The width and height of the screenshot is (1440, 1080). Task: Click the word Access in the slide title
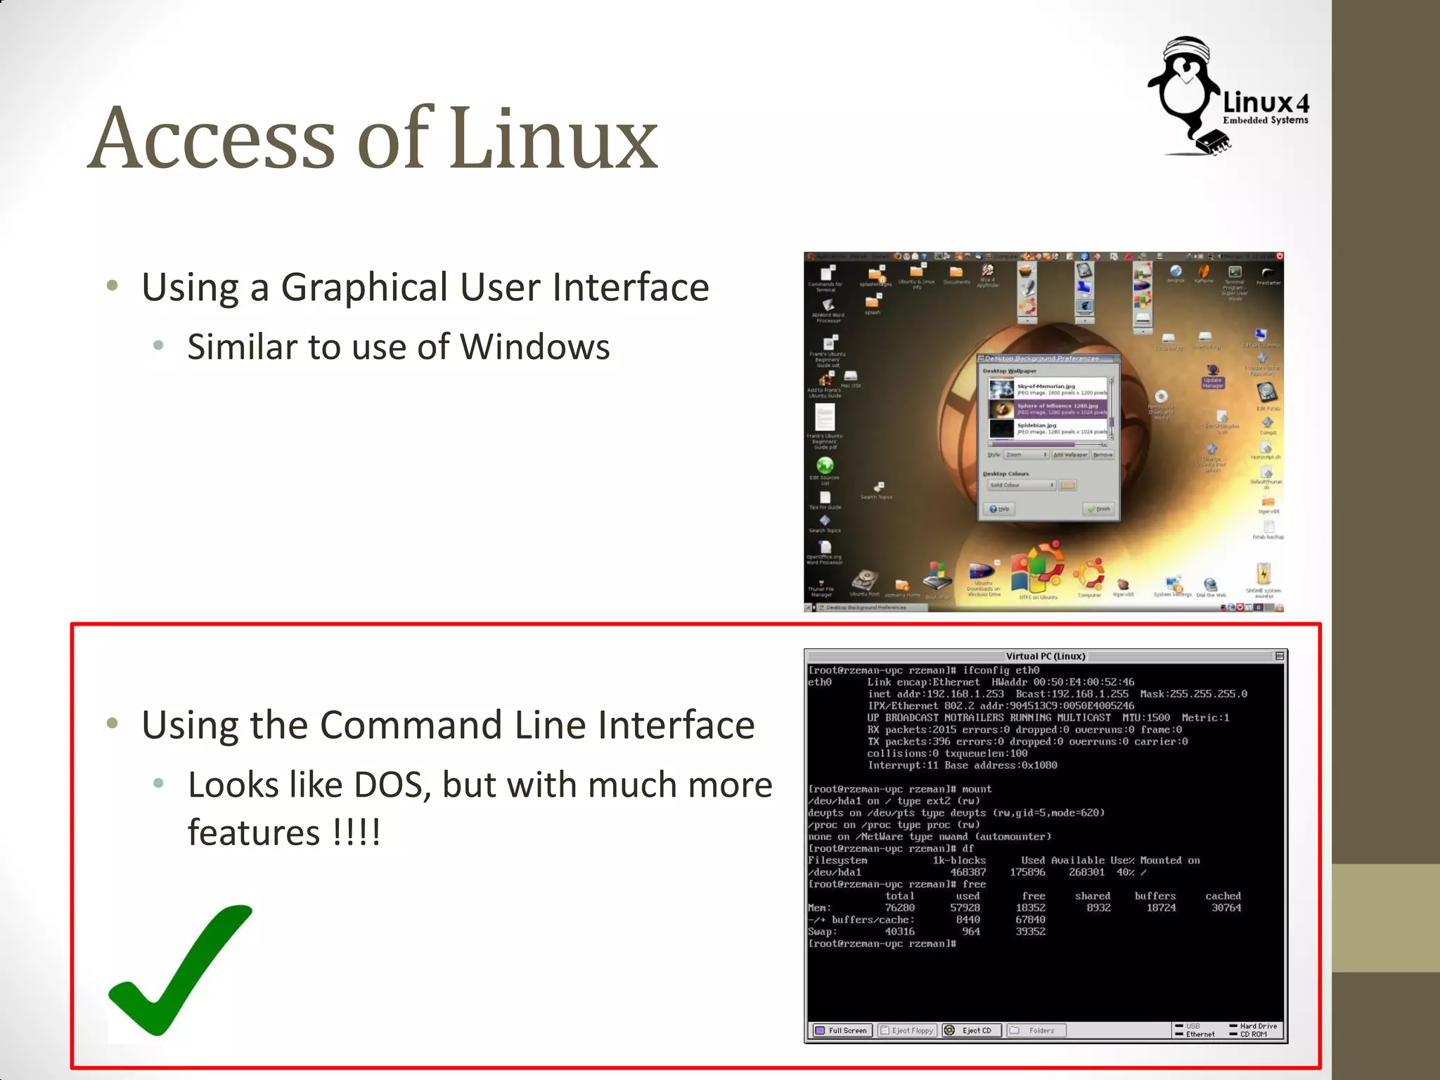click(x=212, y=139)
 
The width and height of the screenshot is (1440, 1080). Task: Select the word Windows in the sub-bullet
click(x=534, y=347)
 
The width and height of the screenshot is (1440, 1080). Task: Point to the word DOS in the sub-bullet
click(x=392, y=785)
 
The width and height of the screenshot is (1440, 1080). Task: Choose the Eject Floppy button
click(x=907, y=1031)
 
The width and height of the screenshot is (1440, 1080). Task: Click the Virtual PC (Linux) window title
click(x=1045, y=656)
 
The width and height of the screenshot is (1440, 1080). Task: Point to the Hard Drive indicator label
click(x=1258, y=1026)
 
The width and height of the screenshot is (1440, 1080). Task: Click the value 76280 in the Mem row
click(x=899, y=908)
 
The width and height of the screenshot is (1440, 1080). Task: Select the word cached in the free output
click(x=1223, y=896)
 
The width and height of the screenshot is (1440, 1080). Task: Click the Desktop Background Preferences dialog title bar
click(x=1041, y=359)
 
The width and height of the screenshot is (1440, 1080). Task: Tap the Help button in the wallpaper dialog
click(x=999, y=508)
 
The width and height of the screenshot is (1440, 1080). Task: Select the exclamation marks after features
click(x=356, y=833)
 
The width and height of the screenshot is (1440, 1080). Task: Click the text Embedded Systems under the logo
click(x=1265, y=120)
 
